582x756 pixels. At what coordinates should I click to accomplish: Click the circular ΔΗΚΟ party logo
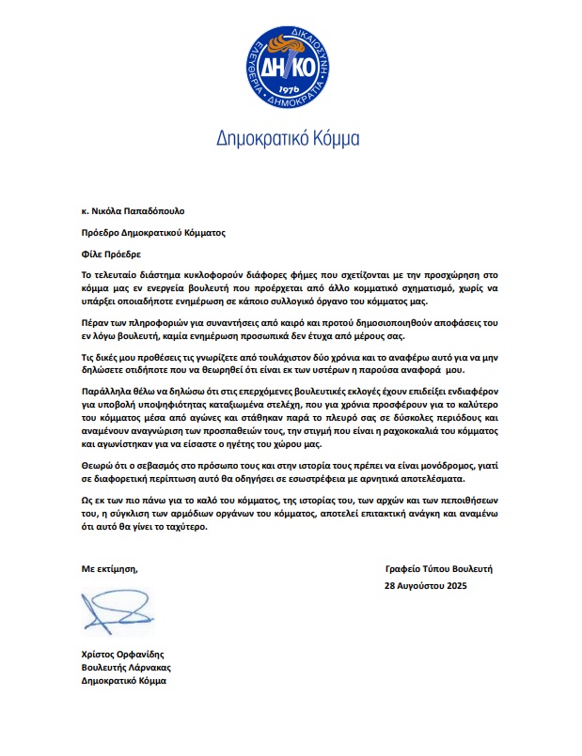click(x=288, y=67)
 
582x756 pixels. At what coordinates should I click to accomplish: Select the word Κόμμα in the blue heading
click(x=331, y=140)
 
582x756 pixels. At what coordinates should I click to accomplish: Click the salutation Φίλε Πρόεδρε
click(x=114, y=254)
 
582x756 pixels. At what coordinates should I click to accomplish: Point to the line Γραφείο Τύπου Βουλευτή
click(x=439, y=569)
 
